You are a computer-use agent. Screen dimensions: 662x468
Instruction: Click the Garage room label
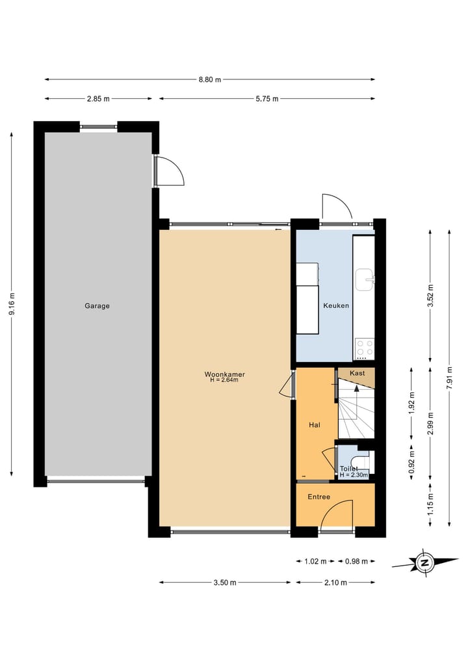(97, 305)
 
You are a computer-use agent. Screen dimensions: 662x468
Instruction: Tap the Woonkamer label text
(224, 374)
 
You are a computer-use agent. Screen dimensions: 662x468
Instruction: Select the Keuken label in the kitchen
(336, 305)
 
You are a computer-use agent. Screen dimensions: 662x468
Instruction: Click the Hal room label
(315, 424)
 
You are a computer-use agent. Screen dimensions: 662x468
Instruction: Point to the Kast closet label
(357, 373)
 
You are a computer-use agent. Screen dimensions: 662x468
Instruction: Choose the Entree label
(318, 497)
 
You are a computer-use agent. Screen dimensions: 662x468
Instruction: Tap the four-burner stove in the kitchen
(365, 348)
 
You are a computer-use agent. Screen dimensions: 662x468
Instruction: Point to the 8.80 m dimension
(209, 79)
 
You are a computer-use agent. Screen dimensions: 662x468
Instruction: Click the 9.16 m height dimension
(11, 304)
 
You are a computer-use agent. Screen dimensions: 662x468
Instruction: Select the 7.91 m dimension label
(450, 377)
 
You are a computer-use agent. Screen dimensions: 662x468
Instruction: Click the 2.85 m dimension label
(98, 99)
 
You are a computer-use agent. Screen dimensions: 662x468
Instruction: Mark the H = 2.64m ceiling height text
(224, 380)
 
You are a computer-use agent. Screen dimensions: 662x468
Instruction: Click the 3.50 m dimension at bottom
(224, 583)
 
